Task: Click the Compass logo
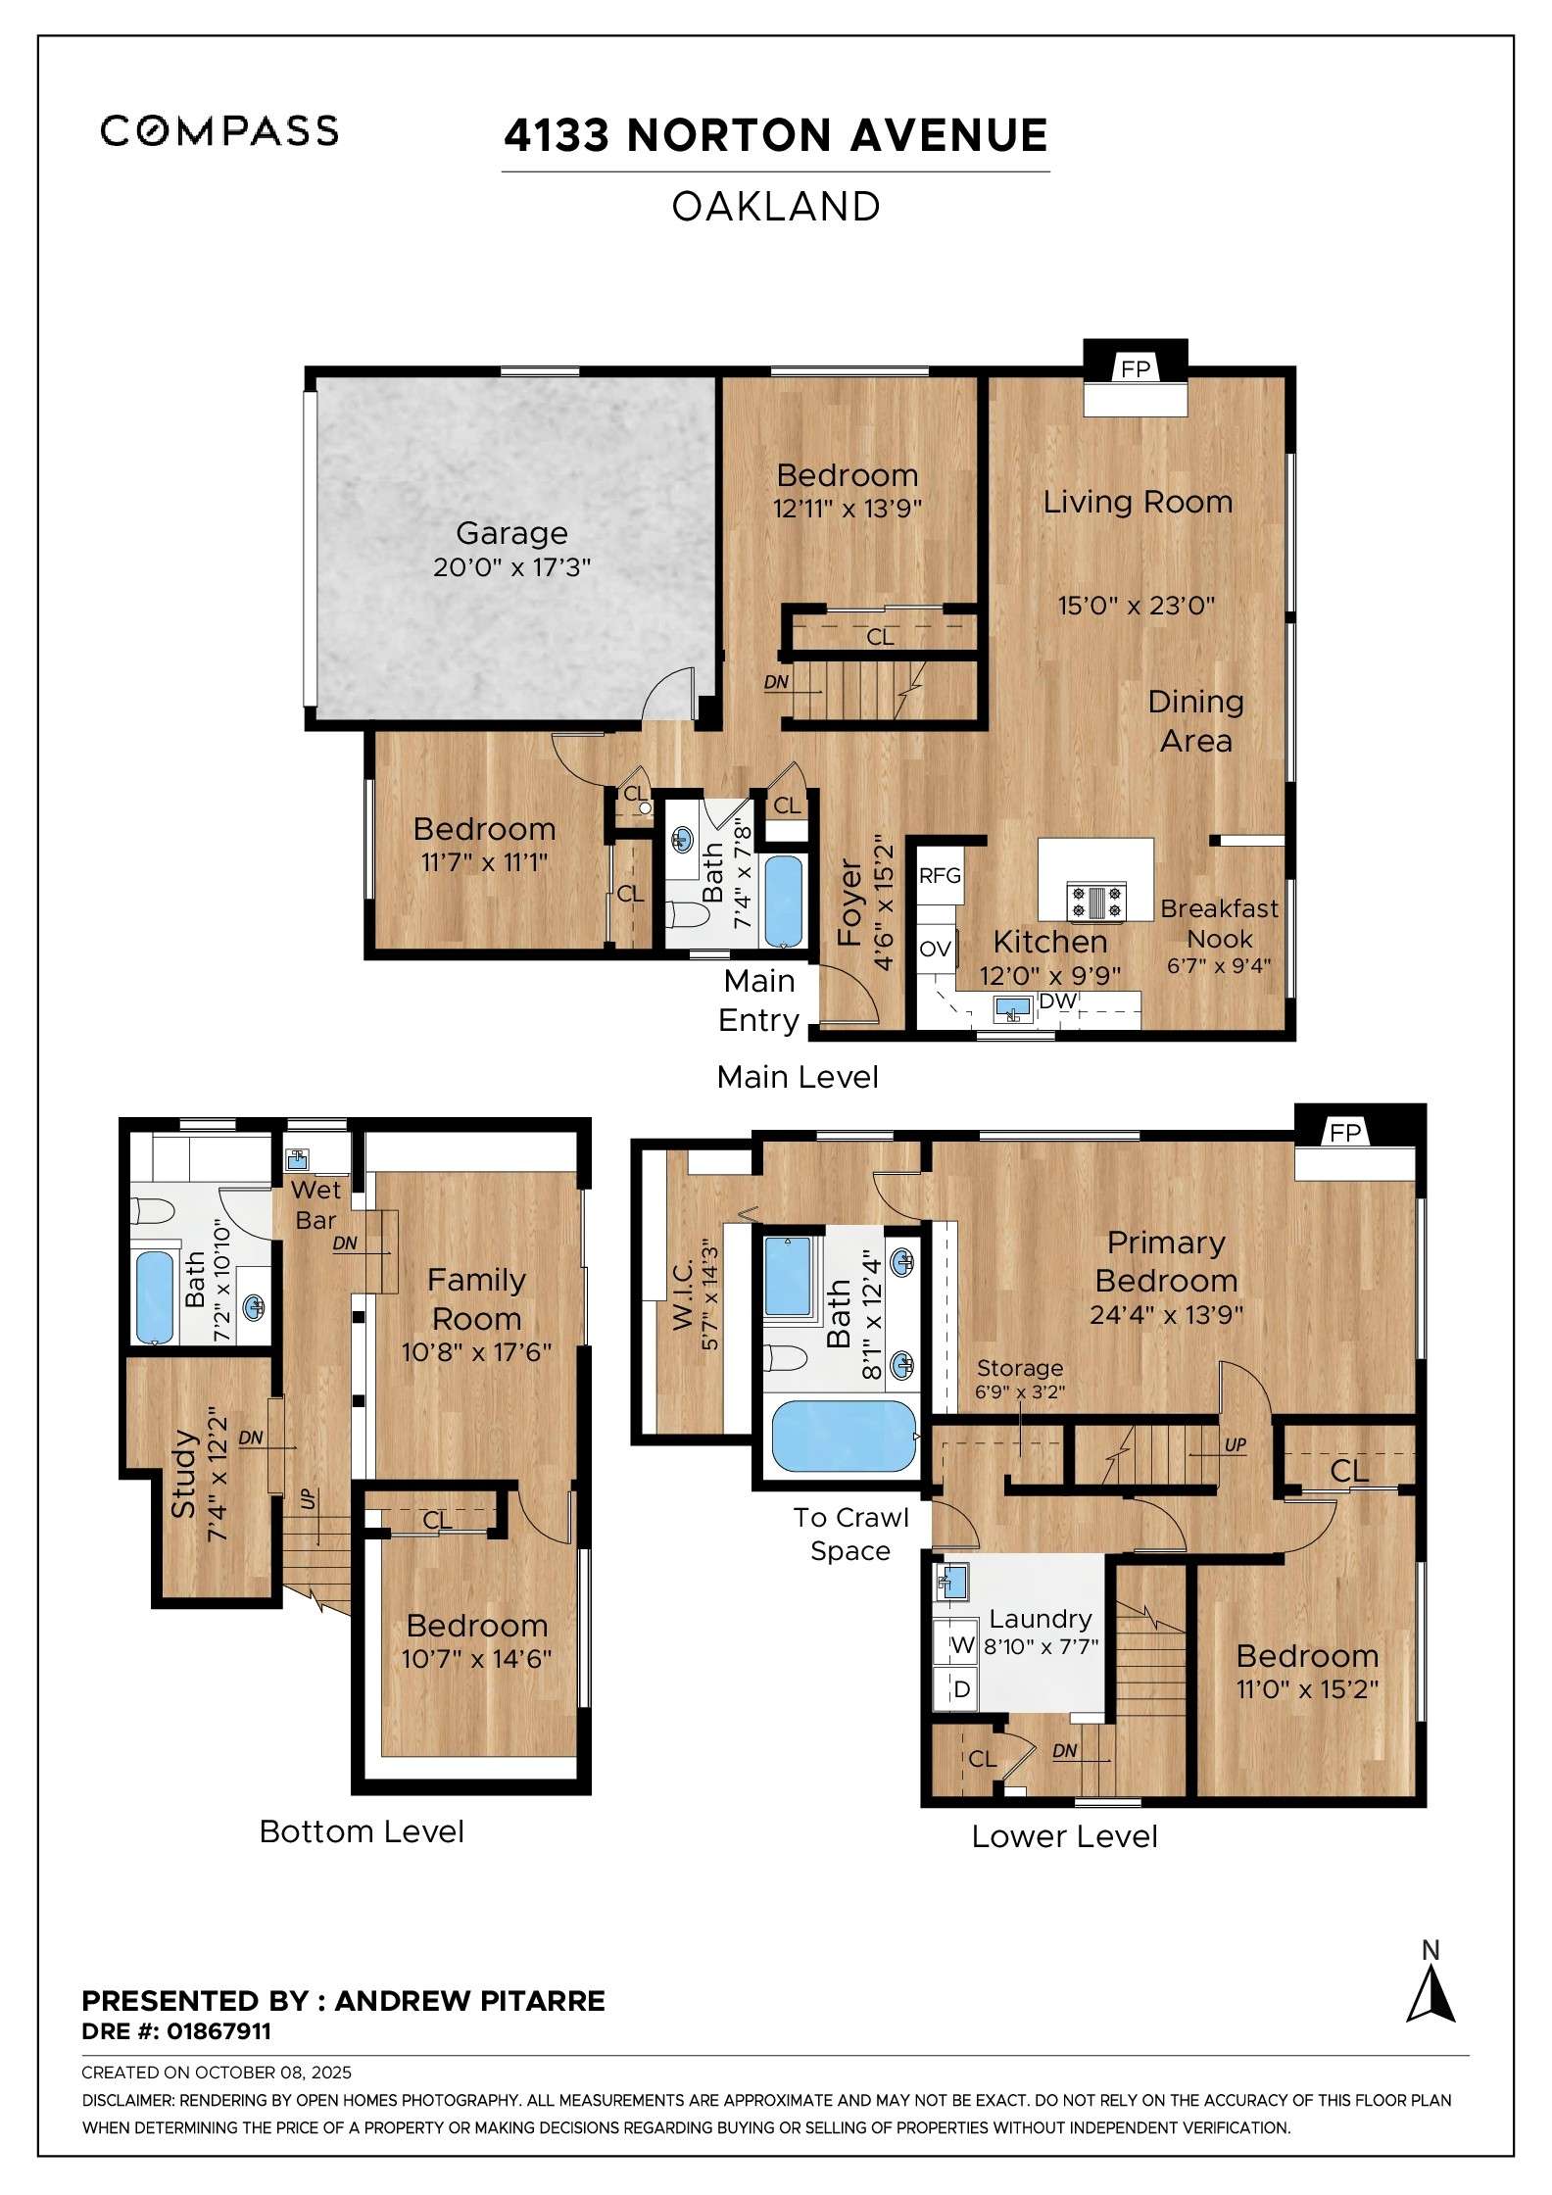[219, 130]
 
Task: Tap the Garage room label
[511, 533]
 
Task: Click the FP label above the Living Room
[1136, 369]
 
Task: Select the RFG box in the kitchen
[940, 875]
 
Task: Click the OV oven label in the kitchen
[935, 949]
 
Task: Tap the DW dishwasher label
[1057, 1000]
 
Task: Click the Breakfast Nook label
[1219, 923]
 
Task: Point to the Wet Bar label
[316, 1204]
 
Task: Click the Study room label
[183, 1474]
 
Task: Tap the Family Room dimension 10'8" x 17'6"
[476, 1352]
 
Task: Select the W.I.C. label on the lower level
[683, 1295]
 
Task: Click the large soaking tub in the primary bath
[843, 1437]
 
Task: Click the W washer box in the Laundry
[962, 1646]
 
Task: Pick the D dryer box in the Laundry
[961, 1689]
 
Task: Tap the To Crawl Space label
[850, 1534]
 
